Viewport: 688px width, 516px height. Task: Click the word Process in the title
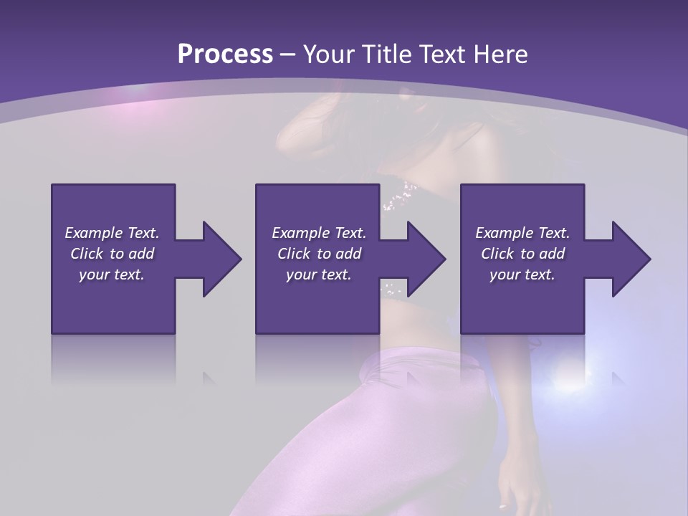click(225, 54)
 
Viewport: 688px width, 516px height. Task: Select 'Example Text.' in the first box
click(112, 233)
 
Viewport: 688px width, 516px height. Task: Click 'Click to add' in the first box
click(112, 254)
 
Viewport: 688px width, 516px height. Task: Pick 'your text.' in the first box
click(112, 274)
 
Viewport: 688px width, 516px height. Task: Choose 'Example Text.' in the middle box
click(319, 233)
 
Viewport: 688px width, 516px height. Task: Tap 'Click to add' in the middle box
click(319, 254)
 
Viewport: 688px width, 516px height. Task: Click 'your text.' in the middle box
click(319, 274)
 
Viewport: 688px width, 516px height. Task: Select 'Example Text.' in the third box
click(522, 233)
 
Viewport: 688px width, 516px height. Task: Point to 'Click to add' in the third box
click(522, 254)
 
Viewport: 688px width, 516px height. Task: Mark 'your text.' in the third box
click(522, 274)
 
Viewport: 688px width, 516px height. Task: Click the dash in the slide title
click(288, 55)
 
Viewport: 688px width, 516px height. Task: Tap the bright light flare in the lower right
click(570, 376)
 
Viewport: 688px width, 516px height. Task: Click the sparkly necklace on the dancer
click(400, 196)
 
